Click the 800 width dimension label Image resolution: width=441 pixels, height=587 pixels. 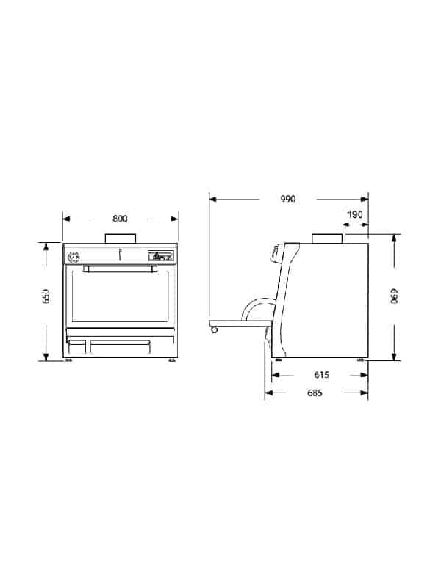click(120, 219)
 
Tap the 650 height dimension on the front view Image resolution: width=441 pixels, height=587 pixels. click(46, 296)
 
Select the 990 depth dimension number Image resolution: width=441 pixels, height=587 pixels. click(288, 198)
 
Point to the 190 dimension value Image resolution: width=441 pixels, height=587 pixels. click(355, 214)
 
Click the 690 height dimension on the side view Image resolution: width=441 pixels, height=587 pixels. click(394, 296)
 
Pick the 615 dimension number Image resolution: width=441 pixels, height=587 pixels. click(321, 374)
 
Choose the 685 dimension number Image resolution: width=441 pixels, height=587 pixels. click(315, 393)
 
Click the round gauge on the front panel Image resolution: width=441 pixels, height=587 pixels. click(73, 258)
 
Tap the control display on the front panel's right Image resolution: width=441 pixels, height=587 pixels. click(161, 255)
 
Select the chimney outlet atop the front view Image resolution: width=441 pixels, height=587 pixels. click(120, 238)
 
